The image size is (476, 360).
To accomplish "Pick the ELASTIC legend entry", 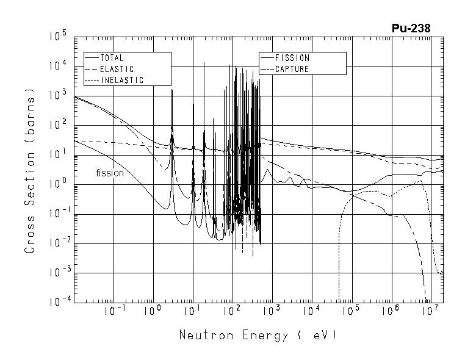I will pyautogui.click(x=117, y=70).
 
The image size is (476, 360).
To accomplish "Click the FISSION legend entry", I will pyautogui.click(x=292, y=59).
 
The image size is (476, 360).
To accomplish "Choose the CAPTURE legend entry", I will pyautogui.click(x=292, y=70).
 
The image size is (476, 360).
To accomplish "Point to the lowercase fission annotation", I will pyautogui.click(x=110, y=173).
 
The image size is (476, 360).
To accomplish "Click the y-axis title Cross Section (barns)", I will pyautogui.click(x=30, y=170).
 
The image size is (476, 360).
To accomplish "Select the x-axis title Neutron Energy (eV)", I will pyautogui.click(x=258, y=336).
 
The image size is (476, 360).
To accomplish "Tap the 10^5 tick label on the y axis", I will pyautogui.click(x=59, y=37).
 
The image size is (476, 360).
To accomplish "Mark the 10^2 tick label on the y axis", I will pyautogui.click(x=59, y=124).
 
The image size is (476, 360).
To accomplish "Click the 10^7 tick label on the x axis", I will pyautogui.click(x=430, y=311).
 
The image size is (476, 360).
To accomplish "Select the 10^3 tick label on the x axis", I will pyautogui.click(x=271, y=311).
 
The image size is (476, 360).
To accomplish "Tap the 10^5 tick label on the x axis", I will pyautogui.click(x=350, y=311).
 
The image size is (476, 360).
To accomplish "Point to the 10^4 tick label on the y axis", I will pyautogui.click(x=59, y=67).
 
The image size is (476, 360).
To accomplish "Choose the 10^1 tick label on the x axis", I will pyautogui.click(x=192, y=311).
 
